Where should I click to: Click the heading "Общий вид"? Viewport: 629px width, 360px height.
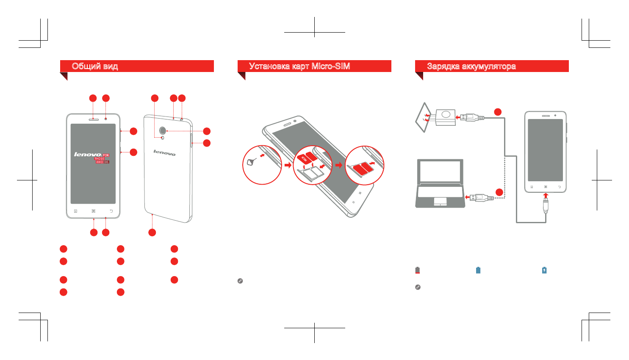95,66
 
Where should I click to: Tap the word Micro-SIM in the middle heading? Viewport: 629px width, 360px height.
330,66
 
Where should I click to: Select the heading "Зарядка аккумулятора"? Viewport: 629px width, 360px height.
471,66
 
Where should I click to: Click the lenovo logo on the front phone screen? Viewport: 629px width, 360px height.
88,155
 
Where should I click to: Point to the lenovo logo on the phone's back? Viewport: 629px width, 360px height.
164,152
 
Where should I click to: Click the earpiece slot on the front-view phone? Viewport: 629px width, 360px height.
93,119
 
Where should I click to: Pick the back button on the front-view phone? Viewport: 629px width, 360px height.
111,211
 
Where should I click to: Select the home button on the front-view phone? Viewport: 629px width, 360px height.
94,211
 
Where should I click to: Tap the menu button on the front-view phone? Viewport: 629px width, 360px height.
75,211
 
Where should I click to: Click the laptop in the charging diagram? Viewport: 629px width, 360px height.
440,184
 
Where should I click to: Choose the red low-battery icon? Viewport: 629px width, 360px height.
418,270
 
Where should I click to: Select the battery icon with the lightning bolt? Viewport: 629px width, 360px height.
544,270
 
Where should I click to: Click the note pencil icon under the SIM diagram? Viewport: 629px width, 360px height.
240,281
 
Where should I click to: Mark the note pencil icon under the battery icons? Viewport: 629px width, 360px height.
418,287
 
